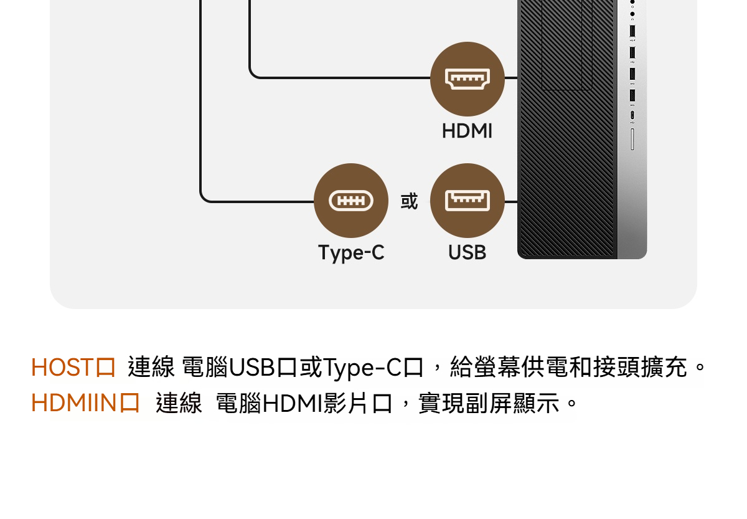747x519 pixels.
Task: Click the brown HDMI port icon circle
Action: pos(467,79)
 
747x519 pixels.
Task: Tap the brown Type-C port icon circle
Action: pos(351,200)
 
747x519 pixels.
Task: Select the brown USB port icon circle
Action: pos(467,200)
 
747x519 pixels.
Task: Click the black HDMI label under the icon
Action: pos(467,131)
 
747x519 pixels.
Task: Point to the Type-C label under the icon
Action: pos(351,253)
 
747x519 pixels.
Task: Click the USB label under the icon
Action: pos(467,252)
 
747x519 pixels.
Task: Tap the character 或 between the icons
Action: pos(409,201)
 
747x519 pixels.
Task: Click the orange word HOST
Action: pos(62,367)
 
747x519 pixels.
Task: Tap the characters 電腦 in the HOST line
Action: pos(205,367)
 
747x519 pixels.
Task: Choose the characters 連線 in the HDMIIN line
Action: pos(179,403)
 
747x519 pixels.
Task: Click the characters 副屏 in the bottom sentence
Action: pos(489,403)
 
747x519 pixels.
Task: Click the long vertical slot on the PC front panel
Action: pos(632,139)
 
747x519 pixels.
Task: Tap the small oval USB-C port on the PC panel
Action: pos(632,115)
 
